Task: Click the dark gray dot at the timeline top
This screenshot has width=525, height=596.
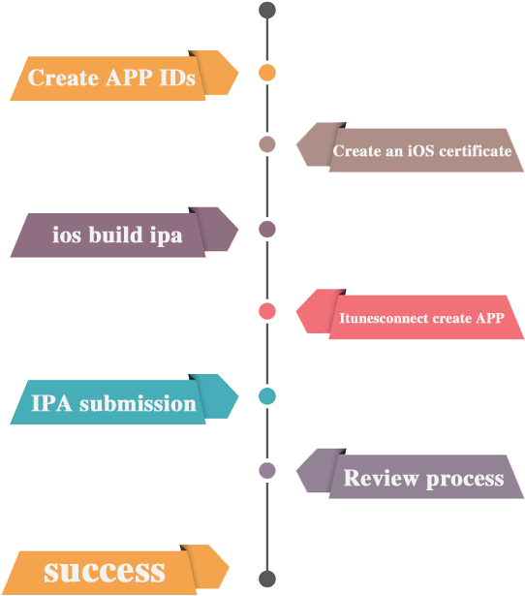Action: pyautogui.click(x=267, y=10)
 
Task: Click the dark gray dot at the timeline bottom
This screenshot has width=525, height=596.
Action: pyautogui.click(x=267, y=579)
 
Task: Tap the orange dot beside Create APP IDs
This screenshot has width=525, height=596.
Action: pyautogui.click(x=267, y=73)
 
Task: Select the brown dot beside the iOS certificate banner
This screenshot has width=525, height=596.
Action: pyautogui.click(x=267, y=144)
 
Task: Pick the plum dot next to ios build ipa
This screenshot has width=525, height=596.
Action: pyautogui.click(x=267, y=230)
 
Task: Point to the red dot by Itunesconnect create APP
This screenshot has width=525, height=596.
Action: pyautogui.click(x=267, y=311)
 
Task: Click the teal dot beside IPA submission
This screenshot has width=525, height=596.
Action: pyautogui.click(x=267, y=396)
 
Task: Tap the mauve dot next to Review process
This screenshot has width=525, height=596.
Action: pyautogui.click(x=267, y=471)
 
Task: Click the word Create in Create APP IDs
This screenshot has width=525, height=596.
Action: pyautogui.click(x=63, y=78)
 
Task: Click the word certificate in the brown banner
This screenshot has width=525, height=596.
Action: pyautogui.click(x=476, y=151)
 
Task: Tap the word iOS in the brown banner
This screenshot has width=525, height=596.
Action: pyautogui.click(x=421, y=151)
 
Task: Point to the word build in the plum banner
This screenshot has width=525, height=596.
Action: pyautogui.click(x=115, y=235)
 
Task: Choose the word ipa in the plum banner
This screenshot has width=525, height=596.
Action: pyautogui.click(x=166, y=236)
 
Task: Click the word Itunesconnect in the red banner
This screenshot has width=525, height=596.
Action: pyautogui.click(x=384, y=318)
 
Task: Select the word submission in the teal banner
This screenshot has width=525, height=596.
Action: pyautogui.click(x=138, y=403)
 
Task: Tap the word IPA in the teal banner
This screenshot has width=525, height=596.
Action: pyautogui.click(x=51, y=403)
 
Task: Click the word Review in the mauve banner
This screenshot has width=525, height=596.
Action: pyautogui.click(x=381, y=478)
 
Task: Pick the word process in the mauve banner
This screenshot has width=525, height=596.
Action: pyautogui.click(x=465, y=480)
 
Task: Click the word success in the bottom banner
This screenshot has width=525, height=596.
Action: pyautogui.click(x=105, y=572)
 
